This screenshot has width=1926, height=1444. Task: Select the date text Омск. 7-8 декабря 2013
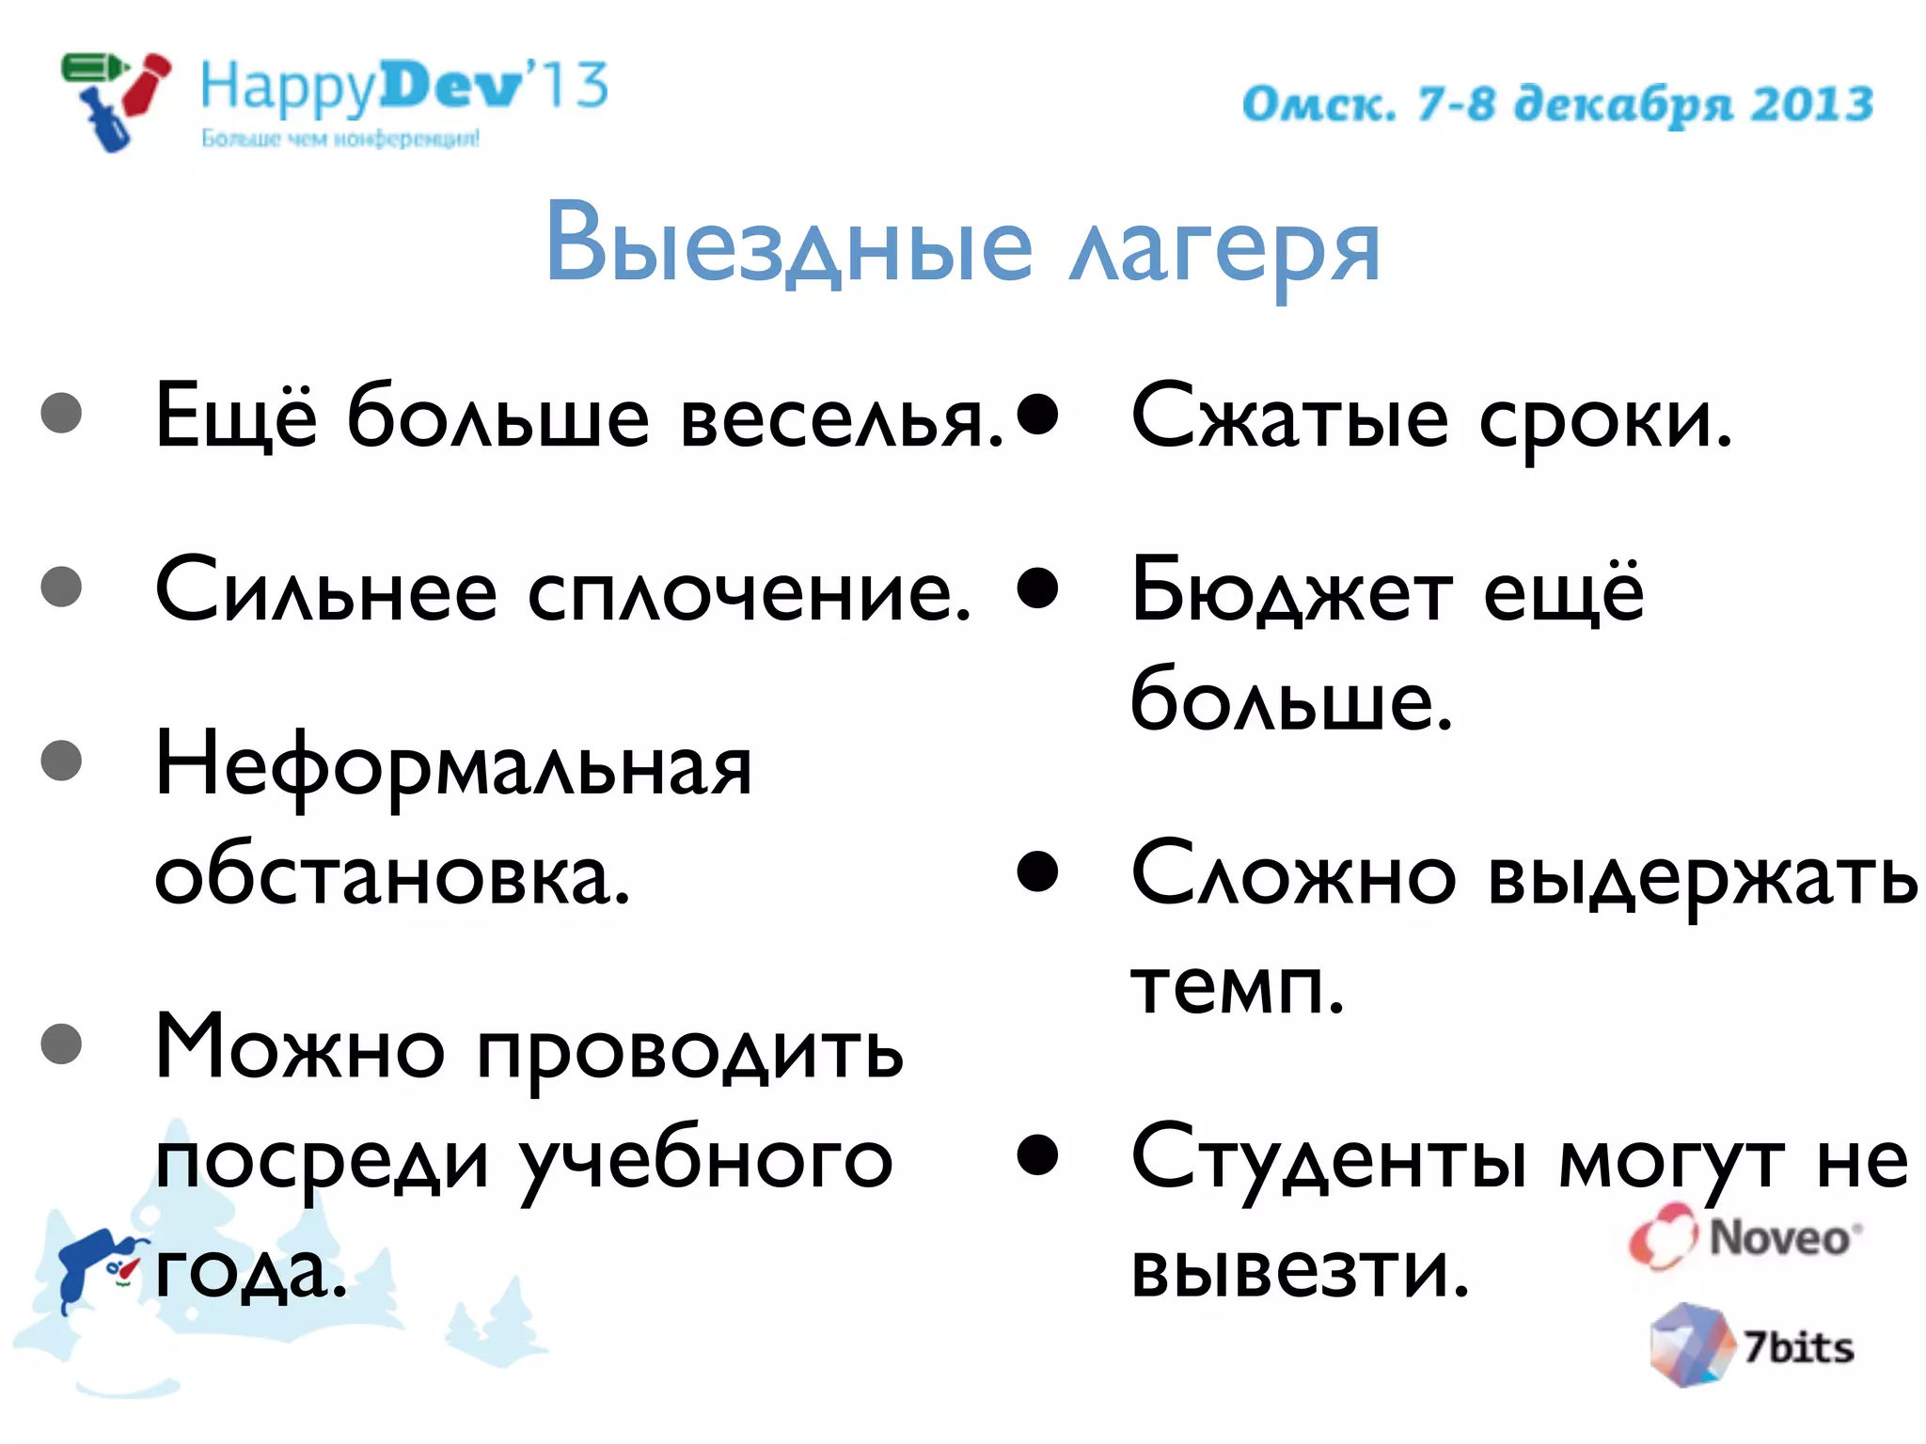click(x=1557, y=103)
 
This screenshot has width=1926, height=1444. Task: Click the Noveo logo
click(x=1745, y=1237)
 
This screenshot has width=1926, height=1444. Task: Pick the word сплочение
click(x=750, y=594)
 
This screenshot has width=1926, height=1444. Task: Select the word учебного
click(x=705, y=1162)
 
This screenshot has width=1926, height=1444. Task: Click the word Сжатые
click(x=1289, y=419)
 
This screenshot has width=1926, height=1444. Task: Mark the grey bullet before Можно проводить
click(x=62, y=1044)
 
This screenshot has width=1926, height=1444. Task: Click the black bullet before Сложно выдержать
click(x=1037, y=871)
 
